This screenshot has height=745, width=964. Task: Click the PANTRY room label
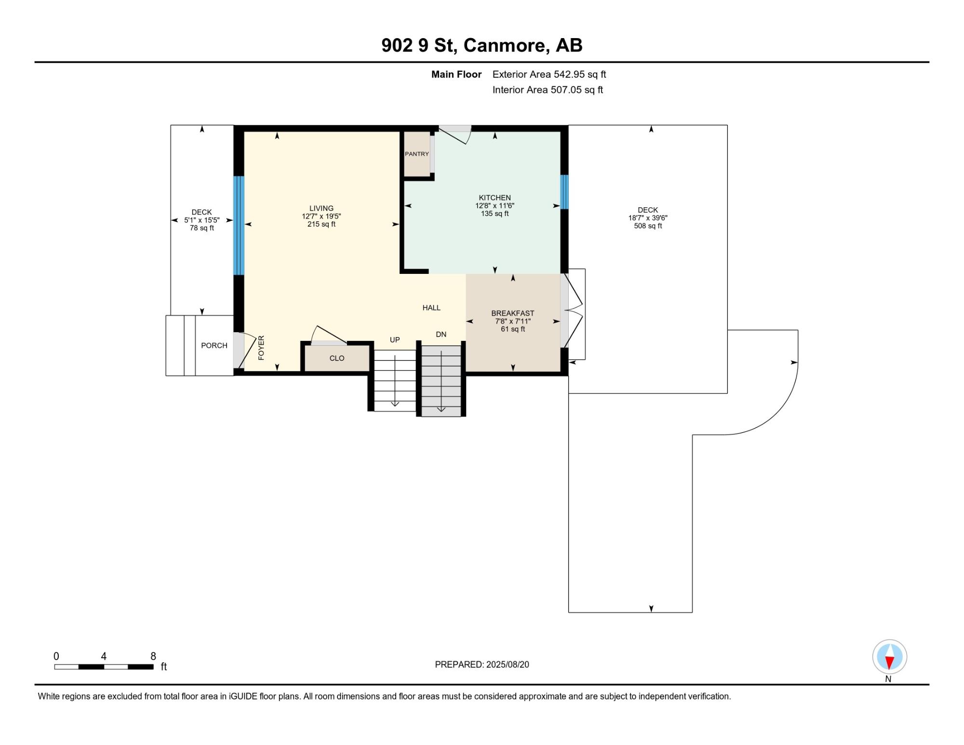coord(416,154)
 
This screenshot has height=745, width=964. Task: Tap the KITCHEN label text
coord(495,198)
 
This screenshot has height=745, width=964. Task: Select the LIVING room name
coord(321,209)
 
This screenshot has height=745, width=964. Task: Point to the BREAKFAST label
coord(513,313)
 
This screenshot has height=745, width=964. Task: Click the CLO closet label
coord(337,358)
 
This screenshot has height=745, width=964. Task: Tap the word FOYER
coord(261,348)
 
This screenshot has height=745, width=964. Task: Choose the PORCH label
coord(214,346)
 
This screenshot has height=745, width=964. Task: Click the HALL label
coord(431,308)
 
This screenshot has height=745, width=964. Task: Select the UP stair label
coord(395,340)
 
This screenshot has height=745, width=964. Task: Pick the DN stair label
coord(441,335)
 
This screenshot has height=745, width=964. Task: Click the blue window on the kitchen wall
coord(564,192)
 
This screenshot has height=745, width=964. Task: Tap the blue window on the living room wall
coord(239,225)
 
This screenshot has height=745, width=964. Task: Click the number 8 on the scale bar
coord(153,656)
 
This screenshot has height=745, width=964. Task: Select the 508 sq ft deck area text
coord(648,226)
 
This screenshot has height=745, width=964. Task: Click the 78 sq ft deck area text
coord(202,228)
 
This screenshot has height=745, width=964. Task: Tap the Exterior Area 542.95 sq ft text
coord(549,74)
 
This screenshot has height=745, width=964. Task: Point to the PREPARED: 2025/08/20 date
coord(482,664)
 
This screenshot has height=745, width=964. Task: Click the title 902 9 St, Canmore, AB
coord(482,45)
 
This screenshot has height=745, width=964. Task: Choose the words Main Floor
coord(456,74)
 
